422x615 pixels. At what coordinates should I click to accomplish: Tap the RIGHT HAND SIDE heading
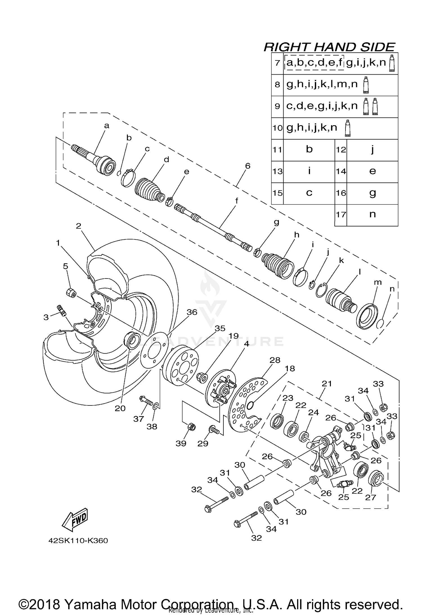329,47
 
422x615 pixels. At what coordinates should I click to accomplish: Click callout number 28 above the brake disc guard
275,360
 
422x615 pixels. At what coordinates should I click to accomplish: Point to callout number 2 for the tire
78,226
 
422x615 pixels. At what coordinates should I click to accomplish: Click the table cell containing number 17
341,215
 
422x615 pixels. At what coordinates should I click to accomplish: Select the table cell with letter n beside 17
372,215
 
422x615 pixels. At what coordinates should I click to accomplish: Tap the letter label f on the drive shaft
237,201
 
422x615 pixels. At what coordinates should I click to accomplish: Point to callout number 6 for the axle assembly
247,166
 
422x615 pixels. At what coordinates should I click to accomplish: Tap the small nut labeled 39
191,427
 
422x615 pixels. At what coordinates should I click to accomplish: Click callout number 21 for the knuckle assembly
327,383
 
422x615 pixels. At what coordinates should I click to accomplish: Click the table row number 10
277,128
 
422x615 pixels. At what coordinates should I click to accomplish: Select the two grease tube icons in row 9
370,106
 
